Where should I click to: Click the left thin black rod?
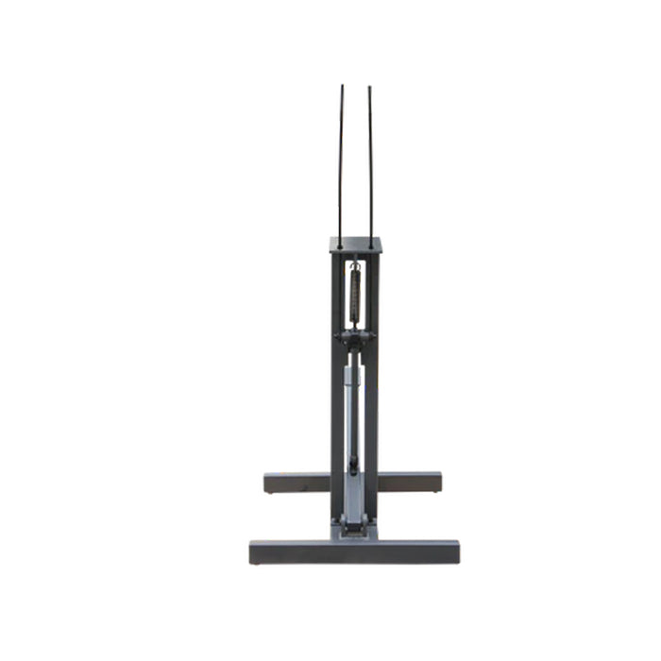341,161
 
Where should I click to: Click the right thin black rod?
370,161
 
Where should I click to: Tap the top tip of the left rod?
342,87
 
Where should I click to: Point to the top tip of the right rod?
369,87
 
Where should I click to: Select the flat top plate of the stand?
355,246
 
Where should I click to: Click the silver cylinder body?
351,415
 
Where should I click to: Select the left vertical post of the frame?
336,378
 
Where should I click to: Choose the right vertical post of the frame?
374,378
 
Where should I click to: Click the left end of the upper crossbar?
270,483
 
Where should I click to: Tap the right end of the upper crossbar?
435,483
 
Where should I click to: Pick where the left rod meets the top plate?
341,239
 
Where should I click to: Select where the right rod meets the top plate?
371,239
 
